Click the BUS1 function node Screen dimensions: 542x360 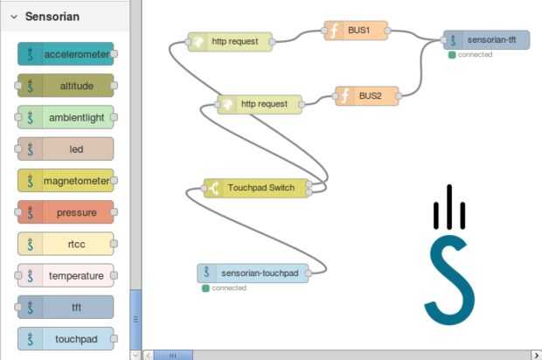point(356,31)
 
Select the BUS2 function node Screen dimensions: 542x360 point(367,96)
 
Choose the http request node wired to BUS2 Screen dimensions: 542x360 point(260,104)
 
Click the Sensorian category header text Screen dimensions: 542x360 point(52,16)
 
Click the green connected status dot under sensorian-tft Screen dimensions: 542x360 point(452,55)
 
